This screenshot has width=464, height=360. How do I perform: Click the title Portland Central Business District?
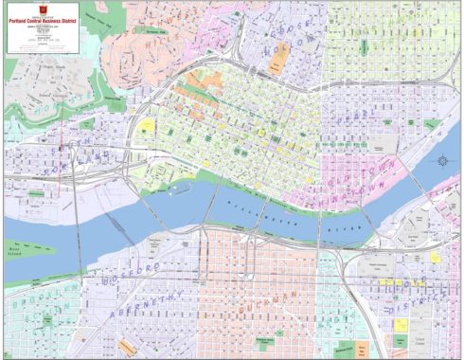pos(41,16)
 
